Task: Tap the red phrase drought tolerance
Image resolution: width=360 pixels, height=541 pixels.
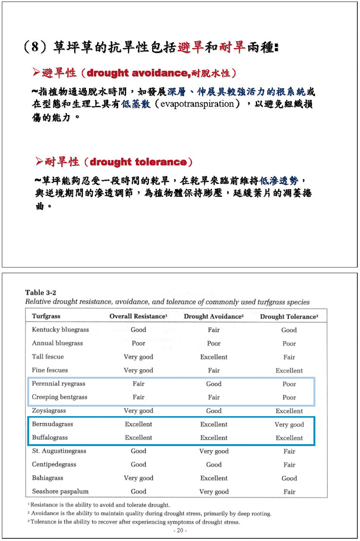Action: pyautogui.click(x=138, y=162)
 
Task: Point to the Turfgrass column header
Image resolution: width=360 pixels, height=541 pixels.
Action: pyautogui.click(x=46, y=316)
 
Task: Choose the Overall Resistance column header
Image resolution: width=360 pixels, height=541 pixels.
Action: pyautogui.click(x=138, y=316)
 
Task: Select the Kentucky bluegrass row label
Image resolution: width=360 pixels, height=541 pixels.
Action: pyautogui.click(x=54, y=330)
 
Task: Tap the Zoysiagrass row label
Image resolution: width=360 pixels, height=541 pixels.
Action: pyautogui.click(x=49, y=411)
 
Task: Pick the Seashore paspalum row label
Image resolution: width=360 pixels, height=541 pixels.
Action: pyautogui.click(x=60, y=491)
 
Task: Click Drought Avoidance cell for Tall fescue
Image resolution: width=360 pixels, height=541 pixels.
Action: pyautogui.click(x=213, y=357)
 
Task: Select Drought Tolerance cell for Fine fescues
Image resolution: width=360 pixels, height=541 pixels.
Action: pyautogui.click(x=289, y=370)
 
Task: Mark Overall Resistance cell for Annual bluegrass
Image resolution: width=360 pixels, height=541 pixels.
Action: pyautogui.click(x=138, y=343)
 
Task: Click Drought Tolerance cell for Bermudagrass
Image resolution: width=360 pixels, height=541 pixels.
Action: pyautogui.click(x=289, y=425)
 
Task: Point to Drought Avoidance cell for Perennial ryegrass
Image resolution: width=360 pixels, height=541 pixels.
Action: pyautogui.click(x=213, y=384)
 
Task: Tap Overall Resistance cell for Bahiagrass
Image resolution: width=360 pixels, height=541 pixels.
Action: pyautogui.click(x=138, y=478)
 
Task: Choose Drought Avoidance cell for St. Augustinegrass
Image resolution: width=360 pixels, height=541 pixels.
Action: pyautogui.click(x=213, y=451)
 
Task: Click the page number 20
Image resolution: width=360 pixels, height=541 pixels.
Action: pyautogui.click(x=180, y=530)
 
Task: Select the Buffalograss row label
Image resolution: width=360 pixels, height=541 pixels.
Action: pyautogui.click(x=50, y=437)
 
